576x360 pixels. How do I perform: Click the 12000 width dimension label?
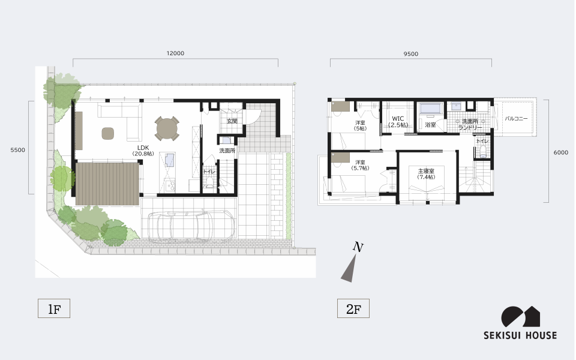pyautogui.click(x=175, y=53)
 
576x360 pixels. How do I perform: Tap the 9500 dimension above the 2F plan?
pyautogui.click(x=410, y=54)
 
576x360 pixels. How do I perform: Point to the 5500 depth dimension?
pyautogui.click(x=17, y=150)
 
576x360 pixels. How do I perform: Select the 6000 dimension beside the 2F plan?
pyautogui.click(x=560, y=152)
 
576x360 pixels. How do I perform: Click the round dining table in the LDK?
pyautogui.click(x=167, y=128)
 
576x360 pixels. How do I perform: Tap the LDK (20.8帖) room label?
pyautogui.click(x=143, y=151)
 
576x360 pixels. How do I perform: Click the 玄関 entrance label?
pyautogui.click(x=232, y=121)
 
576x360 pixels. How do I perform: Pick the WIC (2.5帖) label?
pyautogui.click(x=398, y=122)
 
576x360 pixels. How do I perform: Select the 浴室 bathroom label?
pyautogui.click(x=430, y=125)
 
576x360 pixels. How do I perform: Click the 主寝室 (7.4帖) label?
pyautogui.click(x=426, y=174)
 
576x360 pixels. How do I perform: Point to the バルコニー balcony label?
pyautogui.click(x=516, y=119)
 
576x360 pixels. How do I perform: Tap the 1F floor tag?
pyautogui.click(x=54, y=308)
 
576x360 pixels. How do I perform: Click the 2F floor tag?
pyautogui.click(x=353, y=308)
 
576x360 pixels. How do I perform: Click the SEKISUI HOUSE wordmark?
pyautogui.click(x=520, y=335)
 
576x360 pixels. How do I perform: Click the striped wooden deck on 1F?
pyautogui.click(x=107, y=184)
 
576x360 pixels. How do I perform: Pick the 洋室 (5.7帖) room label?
pyautogui.click(x=360, y=165)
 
